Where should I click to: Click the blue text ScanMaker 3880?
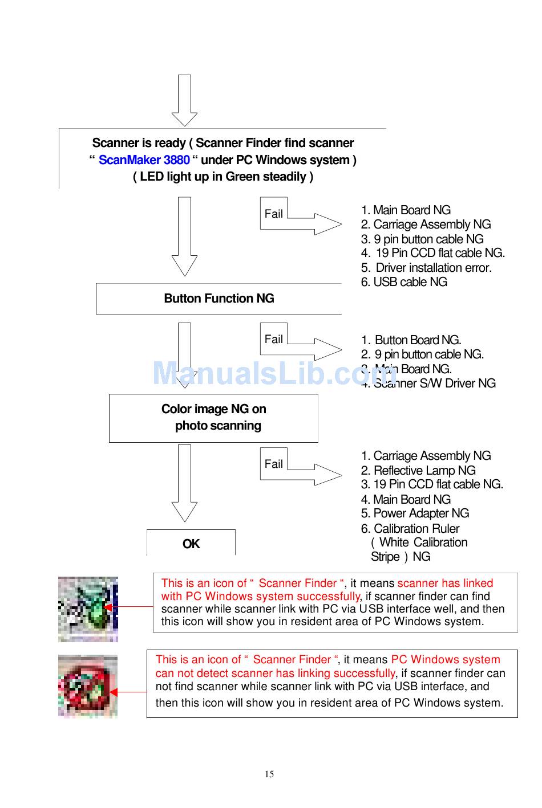click(x=144, y=160)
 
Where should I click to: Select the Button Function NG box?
click(x=219, y=299)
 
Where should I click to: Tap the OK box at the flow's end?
click(x=191, y=544)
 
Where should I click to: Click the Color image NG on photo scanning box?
click(x=213, y=418)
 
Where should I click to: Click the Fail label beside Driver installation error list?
click(x=273, y=214)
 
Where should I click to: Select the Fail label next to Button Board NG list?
click(x=273, y=339)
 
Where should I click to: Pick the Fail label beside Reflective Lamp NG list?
click(x=273, y=464)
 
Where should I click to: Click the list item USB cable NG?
click(x=404, y=282)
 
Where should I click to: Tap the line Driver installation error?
click(x=427, y=268)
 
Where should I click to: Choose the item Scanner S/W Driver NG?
click(x=428, y=383)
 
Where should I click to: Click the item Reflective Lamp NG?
click(x=418, y=470)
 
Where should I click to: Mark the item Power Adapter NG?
click(x=415, y=513)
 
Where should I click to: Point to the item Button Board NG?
click(x=411, y=340)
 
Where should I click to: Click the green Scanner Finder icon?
click(x=88, y=609)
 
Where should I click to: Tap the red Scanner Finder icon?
click(x=88, y=686)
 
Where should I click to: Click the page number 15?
click(x=269, y=774)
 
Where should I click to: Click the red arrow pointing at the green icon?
click(x=128, y=607)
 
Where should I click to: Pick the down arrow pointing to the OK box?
click(x=184, y=483)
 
